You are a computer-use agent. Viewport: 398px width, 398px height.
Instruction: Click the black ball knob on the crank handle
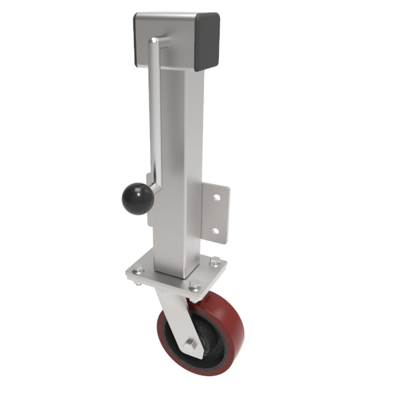pos(137,199)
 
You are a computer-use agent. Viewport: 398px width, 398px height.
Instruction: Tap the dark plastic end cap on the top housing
pos(207,41)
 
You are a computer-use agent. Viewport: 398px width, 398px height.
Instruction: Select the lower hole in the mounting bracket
pos(215,231)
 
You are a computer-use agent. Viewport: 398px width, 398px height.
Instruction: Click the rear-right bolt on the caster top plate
pos(214,259)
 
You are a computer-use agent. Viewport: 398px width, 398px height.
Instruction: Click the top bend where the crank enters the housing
pos(154,42)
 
